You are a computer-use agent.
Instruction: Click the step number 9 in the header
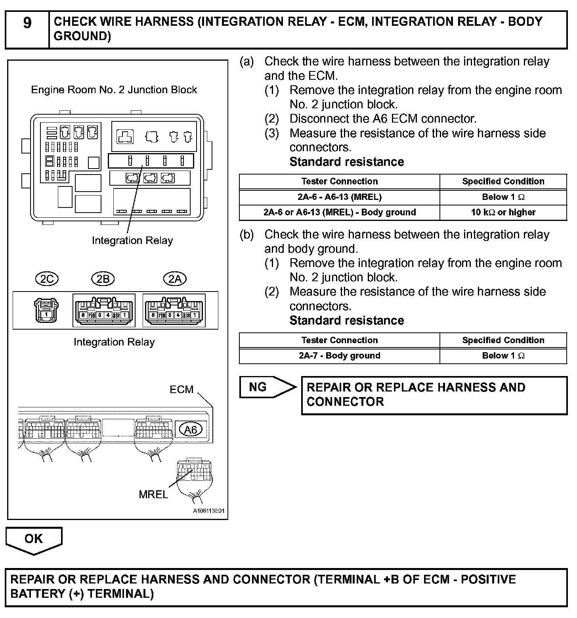coord(27,23)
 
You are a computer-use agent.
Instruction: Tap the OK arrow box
coord(34,539)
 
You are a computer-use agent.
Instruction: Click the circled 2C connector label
coord(47,279)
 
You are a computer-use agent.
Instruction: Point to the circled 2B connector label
coord(103,279)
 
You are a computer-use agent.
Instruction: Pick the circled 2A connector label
coord(175,279)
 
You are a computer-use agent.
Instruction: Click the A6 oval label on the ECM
coord(191,430)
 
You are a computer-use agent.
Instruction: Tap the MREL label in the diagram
coord(153,494)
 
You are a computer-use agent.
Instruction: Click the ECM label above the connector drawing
coord(182,390)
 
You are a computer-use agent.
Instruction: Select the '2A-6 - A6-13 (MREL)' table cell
coord(340,197)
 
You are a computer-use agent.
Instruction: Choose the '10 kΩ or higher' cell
coord(503,212)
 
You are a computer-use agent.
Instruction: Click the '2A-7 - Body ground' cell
coord(340,356)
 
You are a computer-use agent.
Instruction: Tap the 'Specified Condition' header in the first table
coord(503,182)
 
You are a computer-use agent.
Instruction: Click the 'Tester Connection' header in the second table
coord(340,340)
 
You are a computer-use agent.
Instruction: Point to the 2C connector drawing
coord(47,310)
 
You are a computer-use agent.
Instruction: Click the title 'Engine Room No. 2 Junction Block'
coord(114,90)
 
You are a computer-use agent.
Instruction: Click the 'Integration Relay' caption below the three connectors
coord(114,342)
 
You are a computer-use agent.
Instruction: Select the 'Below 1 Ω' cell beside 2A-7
coord(503,356)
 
